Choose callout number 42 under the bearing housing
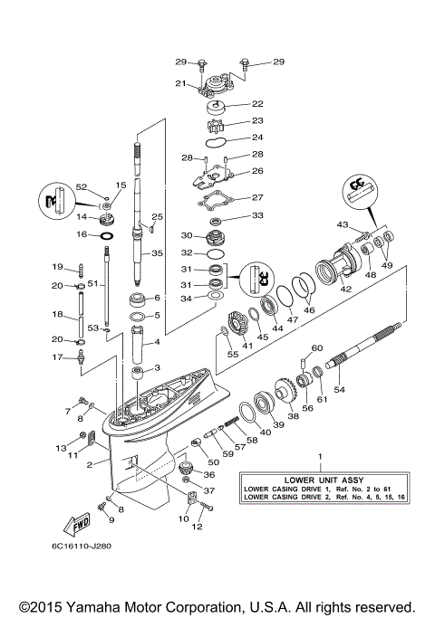point(344,290)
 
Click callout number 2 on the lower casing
point(89,464)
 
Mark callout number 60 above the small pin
point(317,348)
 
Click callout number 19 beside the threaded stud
point(56,267)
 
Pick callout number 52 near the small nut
point(82,186)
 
